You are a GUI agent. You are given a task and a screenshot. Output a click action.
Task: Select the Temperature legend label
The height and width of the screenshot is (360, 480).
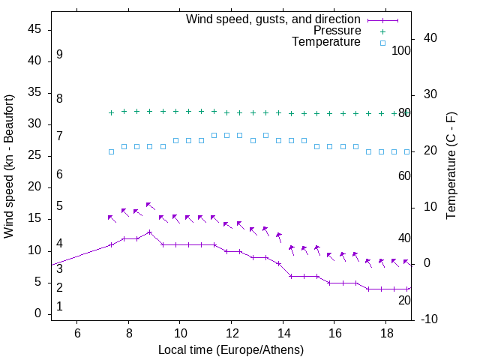(x=326, y=42)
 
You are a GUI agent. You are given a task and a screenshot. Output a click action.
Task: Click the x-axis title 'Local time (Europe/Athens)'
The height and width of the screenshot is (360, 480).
(x=231, y=350)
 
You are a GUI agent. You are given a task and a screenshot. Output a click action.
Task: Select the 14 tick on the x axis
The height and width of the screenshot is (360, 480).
(x=283, y=331)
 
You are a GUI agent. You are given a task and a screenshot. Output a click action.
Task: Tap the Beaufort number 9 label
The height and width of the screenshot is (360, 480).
(x=59, y=55)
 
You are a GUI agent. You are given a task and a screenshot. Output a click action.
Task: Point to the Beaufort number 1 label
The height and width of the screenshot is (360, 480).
(x=59, y=306)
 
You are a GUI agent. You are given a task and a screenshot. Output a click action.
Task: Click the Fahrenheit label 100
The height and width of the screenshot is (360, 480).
(x=402, y=51)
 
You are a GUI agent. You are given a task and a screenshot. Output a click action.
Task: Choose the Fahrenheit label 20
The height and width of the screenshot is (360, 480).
(x=404, y=300)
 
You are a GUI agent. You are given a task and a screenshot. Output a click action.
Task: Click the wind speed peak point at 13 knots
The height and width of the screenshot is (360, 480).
(x=150, y=232)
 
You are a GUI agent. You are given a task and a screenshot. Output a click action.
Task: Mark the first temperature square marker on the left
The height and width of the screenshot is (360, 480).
(x=111, y=151)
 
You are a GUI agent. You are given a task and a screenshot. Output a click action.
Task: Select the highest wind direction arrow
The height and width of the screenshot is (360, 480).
(x=149, y=205)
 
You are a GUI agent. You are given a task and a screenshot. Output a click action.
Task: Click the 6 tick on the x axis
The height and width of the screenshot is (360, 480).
(x=77, y=331)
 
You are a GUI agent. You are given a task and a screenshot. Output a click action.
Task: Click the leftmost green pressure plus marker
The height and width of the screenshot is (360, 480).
(x=111, y=112)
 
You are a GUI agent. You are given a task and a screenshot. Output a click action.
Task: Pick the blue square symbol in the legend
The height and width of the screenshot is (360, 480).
(x=382, y=43)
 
